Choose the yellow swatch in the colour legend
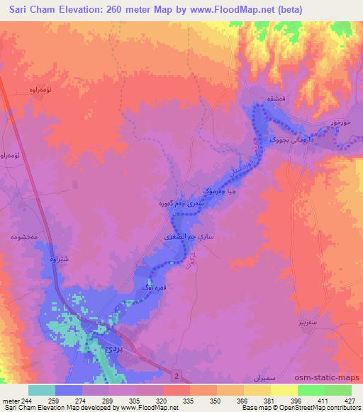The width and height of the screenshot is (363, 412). point(284,389)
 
